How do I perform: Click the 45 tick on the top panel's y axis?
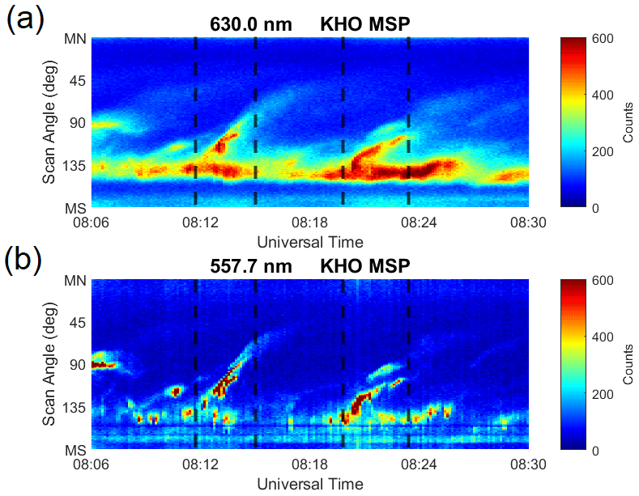79,81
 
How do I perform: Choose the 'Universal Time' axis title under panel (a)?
309,241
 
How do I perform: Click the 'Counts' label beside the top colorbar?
628,123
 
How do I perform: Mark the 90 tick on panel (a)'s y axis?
79,124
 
